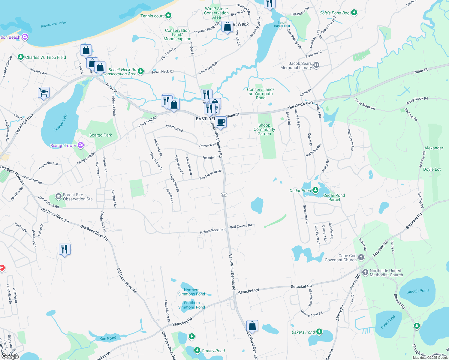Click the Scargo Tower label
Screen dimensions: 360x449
point(63,146)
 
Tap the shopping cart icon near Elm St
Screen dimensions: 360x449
point(44,92)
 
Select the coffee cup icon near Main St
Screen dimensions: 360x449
point(221,122)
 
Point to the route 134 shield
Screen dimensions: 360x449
point(224,195)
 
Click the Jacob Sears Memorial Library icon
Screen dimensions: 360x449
point(316,65)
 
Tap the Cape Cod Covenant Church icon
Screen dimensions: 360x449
point(361,257)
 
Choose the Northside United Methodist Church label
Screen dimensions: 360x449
point(386,273)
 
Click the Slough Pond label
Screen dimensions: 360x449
point(417,291)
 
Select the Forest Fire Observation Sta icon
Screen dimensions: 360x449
point(59,197)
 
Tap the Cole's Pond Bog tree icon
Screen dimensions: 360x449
point(354,12)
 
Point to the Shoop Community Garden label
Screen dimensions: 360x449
point(264,129)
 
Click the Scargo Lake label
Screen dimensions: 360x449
point(61,122)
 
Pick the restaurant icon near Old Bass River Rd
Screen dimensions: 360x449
point(65,249)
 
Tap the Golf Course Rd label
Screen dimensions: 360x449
point(241,226)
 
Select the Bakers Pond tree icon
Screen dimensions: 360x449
point(319,332)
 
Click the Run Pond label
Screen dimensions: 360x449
point(108,338)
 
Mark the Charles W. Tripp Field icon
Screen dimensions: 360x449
point(20,57)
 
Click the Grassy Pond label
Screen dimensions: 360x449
point(213,351)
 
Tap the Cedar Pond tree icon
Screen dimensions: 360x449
point(315,190)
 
